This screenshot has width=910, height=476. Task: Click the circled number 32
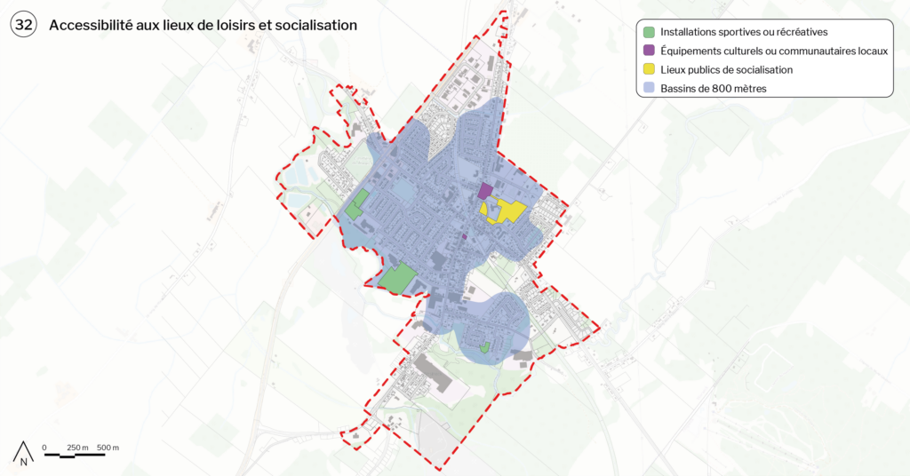coord(23,26)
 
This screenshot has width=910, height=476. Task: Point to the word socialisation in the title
coord(315,26)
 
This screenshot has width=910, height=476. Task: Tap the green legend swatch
coord(649,33)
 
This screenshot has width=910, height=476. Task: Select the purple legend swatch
coord(649,52)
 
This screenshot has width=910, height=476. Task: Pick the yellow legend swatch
coord(649,70)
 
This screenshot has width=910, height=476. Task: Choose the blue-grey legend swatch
coord(649,89)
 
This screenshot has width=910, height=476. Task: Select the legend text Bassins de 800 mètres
coord(713,89)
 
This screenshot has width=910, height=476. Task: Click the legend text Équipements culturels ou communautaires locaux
coord(773,52)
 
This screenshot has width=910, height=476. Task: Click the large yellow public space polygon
coord(507,210)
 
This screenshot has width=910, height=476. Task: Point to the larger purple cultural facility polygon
coord(484,191)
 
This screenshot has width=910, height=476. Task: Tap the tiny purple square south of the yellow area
coord(464,237)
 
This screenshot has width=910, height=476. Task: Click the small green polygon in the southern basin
coord(484,348)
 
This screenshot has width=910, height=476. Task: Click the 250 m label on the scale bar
coord(78,447)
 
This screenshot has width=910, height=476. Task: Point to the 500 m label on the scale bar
coord(108,447)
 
